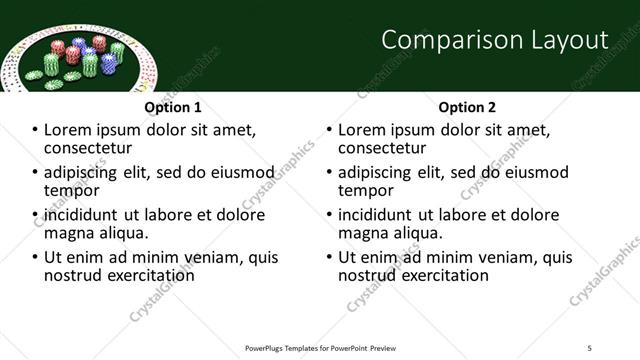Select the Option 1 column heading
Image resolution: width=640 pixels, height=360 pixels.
click(173, 107)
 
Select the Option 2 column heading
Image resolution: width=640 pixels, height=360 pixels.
click(467, 107)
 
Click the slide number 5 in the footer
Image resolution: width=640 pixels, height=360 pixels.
click(589, 347)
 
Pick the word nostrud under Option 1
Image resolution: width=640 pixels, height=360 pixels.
click(72, 275)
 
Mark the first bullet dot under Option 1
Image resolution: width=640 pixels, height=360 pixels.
click(34, 131)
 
